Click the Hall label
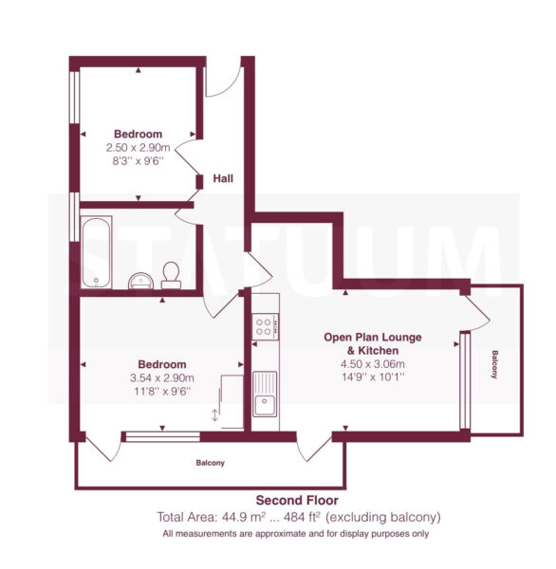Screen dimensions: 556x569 tap(223, 178)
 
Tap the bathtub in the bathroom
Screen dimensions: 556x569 tap(96, 252)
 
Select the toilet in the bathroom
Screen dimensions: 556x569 tap(171, 275)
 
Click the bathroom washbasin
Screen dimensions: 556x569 tap(141, 281)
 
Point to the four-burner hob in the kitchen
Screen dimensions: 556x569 tap(266, 326)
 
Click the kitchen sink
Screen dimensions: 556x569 tap(265, 394)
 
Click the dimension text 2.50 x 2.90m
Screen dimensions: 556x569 tap(138, 148)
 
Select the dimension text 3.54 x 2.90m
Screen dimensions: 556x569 tap(162, 378)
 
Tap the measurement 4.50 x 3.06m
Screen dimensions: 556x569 tap(373, 364)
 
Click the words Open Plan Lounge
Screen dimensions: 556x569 tap(373, 337)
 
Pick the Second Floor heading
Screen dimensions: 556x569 tap(297, 501)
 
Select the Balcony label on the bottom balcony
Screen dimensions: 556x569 tap(211, 463)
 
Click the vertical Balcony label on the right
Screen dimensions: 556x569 tap(494, 364)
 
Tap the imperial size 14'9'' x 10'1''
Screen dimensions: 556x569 tap(373, 377)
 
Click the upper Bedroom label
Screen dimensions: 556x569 tap(138, 134)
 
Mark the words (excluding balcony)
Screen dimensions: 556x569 tap(383, 517)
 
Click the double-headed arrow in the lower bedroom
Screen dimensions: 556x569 tap(214, 415)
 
